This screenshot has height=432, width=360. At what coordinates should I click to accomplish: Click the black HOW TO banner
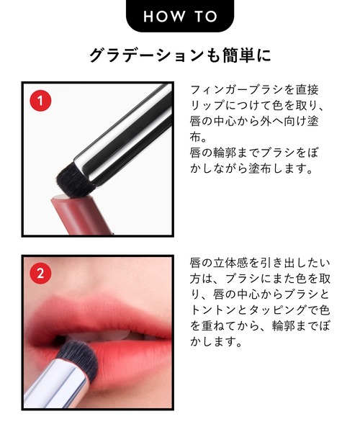click(x=180, y=15)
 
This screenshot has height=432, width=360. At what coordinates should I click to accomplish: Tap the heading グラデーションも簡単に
click(x=180, y=55)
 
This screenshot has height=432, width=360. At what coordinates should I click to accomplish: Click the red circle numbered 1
click(x=40, y=101)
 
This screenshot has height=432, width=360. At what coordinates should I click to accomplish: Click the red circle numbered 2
click(x=40, y=274)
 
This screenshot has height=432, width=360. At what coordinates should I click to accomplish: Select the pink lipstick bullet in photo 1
click(x=80, y=215)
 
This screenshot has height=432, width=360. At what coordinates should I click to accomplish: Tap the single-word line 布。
click(x=198, y=138)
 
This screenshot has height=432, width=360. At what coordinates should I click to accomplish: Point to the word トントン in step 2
click(x=213, y=310)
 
